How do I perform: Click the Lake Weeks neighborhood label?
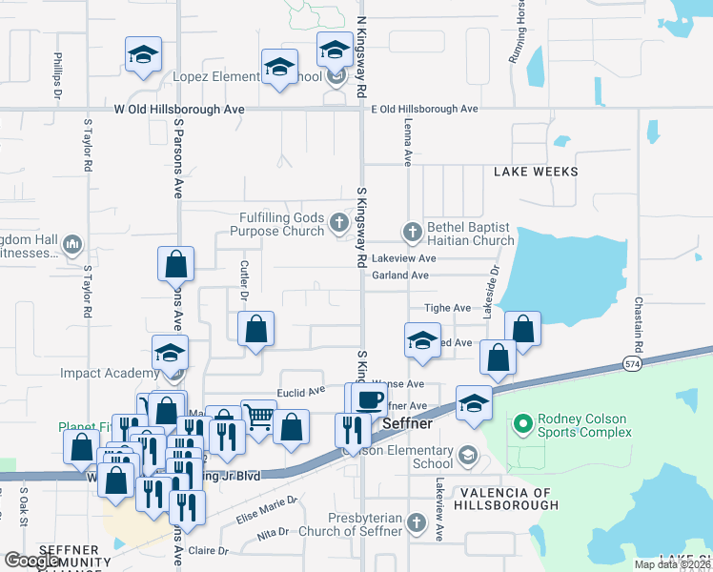pyautogui.click(x=536, y=172)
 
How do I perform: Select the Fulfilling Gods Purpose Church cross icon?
pyautogui.click(x=338, y=224)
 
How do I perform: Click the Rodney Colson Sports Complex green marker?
pyautogui.click(x=522, y=423)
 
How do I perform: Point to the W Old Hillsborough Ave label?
pyautogui.click(x=179, y=110)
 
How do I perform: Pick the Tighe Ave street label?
pyautogui.click(x=448, y=308)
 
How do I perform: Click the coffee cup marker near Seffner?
pyautogui.click(x=369, y=398)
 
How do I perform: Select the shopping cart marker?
pyautogui.click(x=257, y=416)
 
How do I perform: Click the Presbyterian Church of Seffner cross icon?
pyautogui.click(x=417, y=523)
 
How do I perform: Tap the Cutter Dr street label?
pyautogui.click(x=244, y=281)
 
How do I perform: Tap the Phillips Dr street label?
pyautogui.click(x=58, y=75)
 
